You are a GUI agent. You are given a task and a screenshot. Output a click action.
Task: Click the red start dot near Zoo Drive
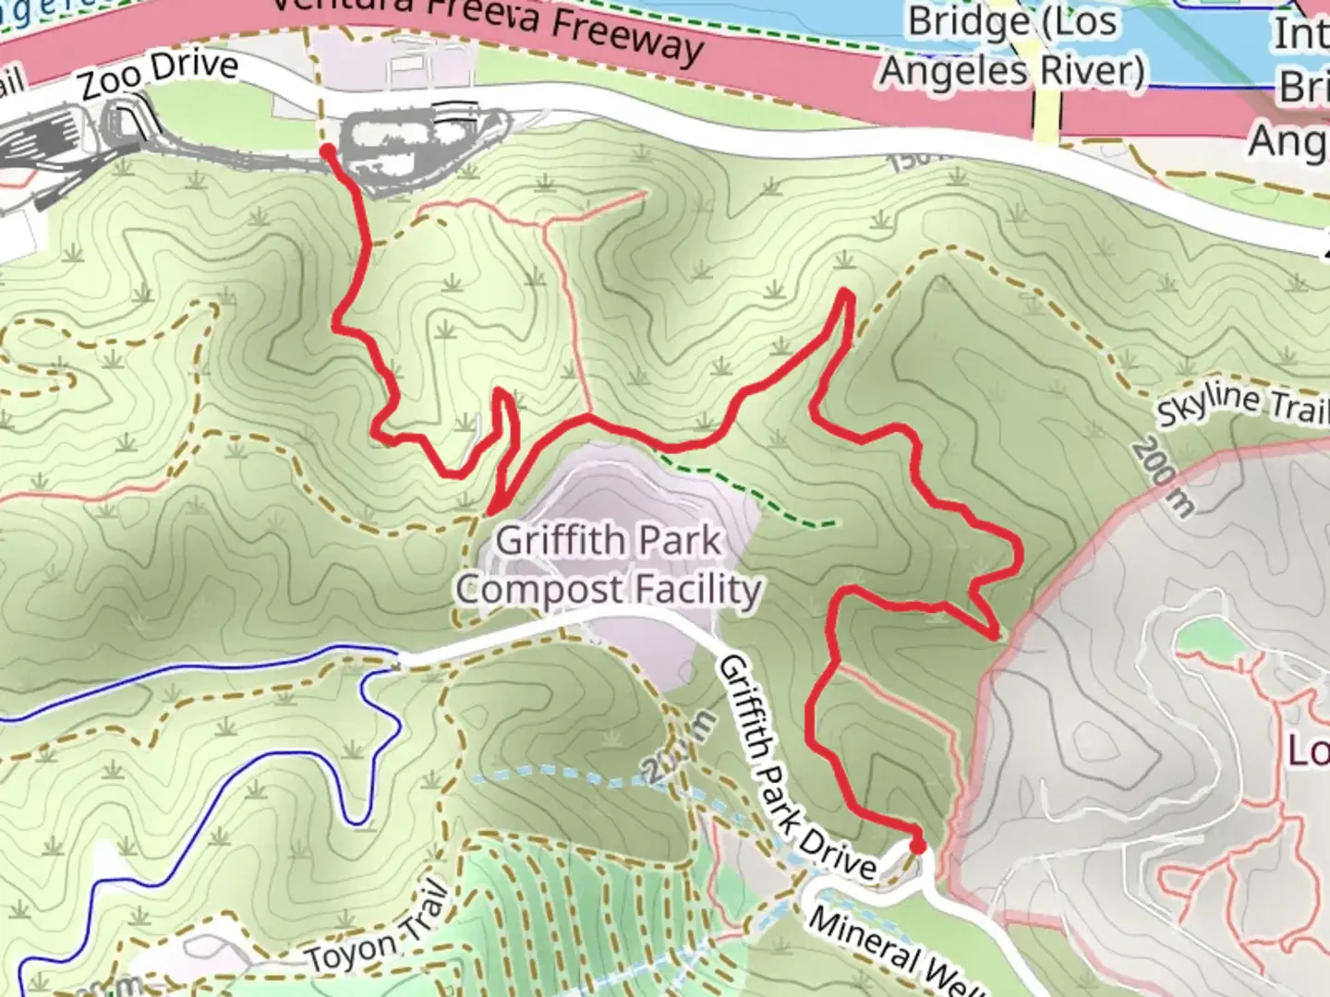click(x=327, y=150)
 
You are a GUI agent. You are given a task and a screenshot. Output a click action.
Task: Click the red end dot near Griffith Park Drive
click(x=916, y=845)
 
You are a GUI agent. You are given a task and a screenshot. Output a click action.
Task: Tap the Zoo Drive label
click(x=159, y=76)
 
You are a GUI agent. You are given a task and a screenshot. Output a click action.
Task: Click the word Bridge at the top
click(x=965, y=22)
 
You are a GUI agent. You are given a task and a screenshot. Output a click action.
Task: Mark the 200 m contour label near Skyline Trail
click(x=1161, y=476)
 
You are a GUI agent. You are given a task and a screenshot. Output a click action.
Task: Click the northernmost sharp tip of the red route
click(x=845, y=294)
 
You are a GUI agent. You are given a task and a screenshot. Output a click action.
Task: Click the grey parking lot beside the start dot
click(x=420, y=148)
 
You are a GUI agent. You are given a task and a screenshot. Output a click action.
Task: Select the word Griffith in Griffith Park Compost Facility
click(x=552, y=540)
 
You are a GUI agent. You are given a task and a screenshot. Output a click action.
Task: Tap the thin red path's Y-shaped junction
click(x=547, y=223)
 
